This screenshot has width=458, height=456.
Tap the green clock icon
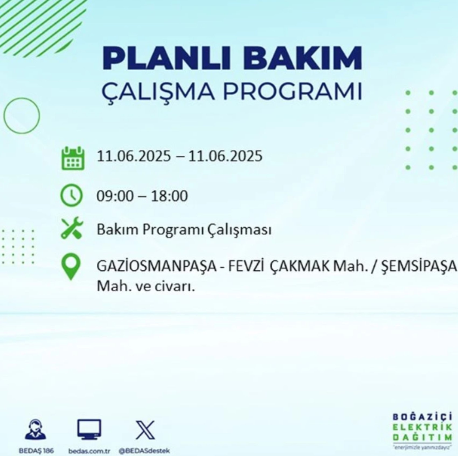(71, 195)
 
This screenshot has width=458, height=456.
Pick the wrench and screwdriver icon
(71, 228)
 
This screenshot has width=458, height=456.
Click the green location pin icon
(71, 267)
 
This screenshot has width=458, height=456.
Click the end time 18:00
(169, 196)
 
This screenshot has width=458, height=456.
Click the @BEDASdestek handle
(144, 451)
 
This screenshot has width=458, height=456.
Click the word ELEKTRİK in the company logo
(422, 427)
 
